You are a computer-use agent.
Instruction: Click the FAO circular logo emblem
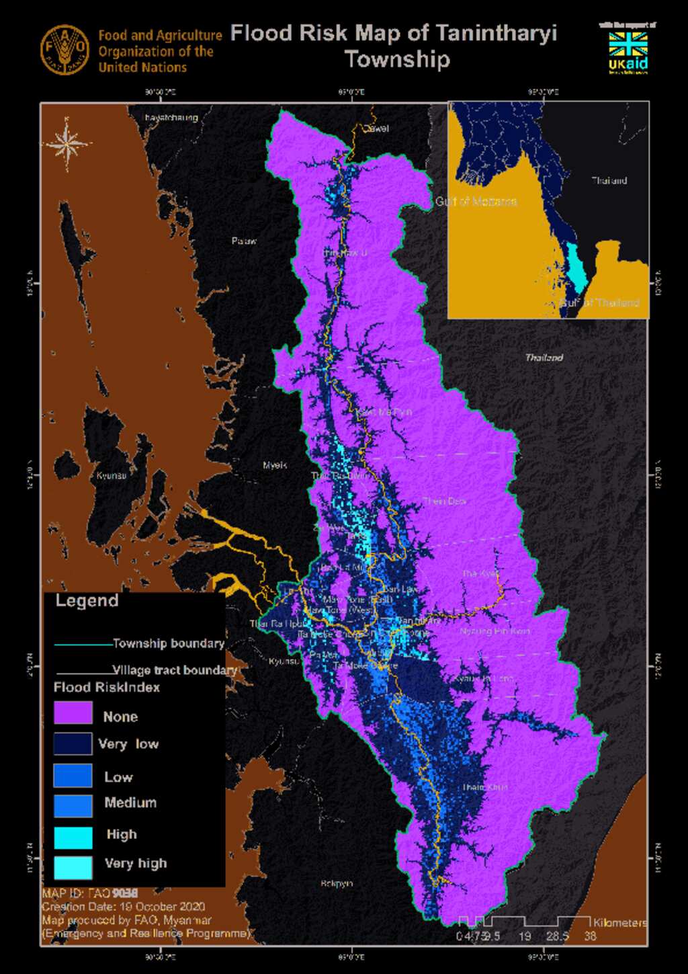tap(64, 50)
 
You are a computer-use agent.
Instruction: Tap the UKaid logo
tap(628, 51)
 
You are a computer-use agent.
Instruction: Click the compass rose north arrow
tap(67, 143)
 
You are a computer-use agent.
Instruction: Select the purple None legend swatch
tap(73, 713)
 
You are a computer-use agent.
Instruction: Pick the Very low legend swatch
tap(73, 743)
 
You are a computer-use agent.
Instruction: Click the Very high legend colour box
tap(73, 867)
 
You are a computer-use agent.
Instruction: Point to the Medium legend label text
tap(130, 803)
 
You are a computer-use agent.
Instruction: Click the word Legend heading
tap(87, 601)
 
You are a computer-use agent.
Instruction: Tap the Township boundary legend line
tap(83, 645)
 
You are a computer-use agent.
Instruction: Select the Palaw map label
tap(244, 241)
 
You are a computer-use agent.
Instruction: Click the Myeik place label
tap(275, 465)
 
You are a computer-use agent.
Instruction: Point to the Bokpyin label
tap(337, 883)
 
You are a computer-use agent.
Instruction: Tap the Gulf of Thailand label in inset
tap(600, 302)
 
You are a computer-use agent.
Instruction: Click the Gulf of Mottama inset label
tap(476, 202)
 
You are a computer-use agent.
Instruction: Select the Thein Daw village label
tap(444, 501)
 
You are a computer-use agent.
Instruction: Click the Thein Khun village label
tap(484, 786)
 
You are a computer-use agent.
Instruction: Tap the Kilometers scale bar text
tap(619, 923)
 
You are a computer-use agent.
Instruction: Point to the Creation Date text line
tap(123, 906)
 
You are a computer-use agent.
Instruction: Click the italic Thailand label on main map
tap(544, 358)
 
